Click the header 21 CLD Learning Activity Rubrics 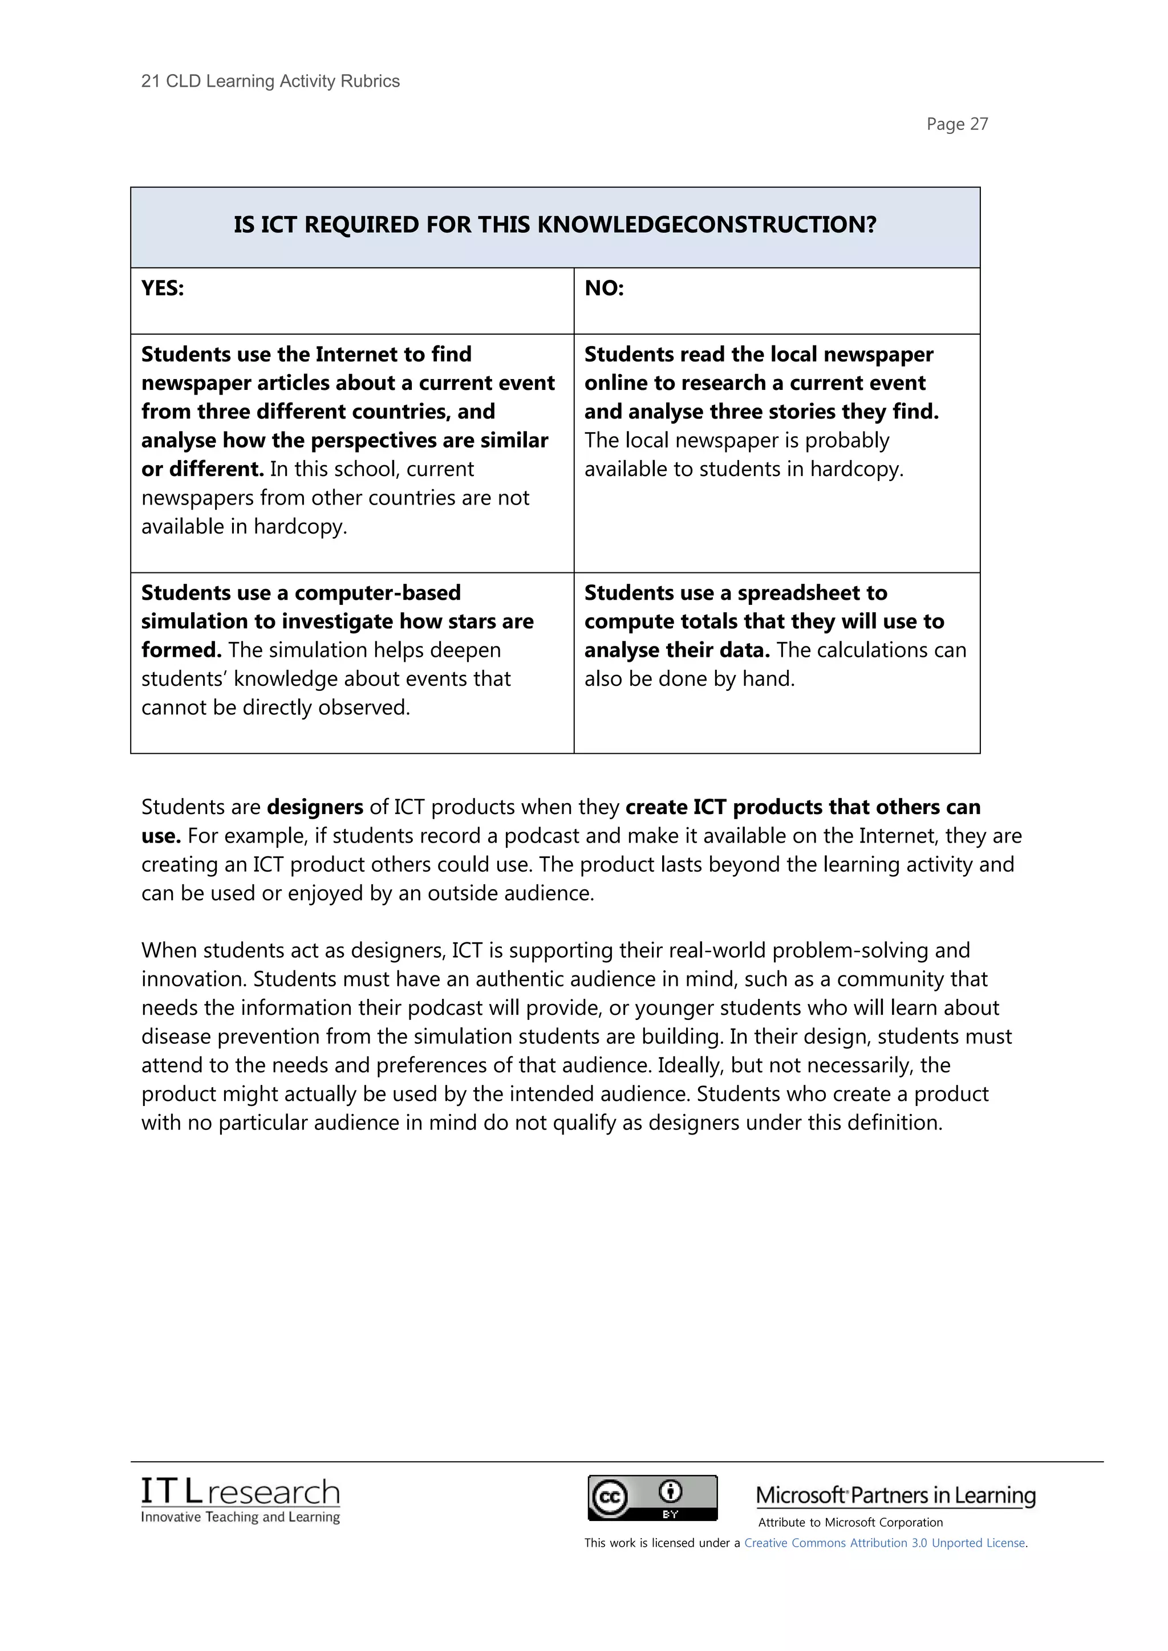click(x=270, y=82)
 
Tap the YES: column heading click(x=163, y=288)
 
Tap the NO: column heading click(x=603, y=288)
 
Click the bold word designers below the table click(x=315, y=807)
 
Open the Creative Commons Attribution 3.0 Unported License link click(x=885, y=1543)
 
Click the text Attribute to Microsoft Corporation click(x=850, y=1522)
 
